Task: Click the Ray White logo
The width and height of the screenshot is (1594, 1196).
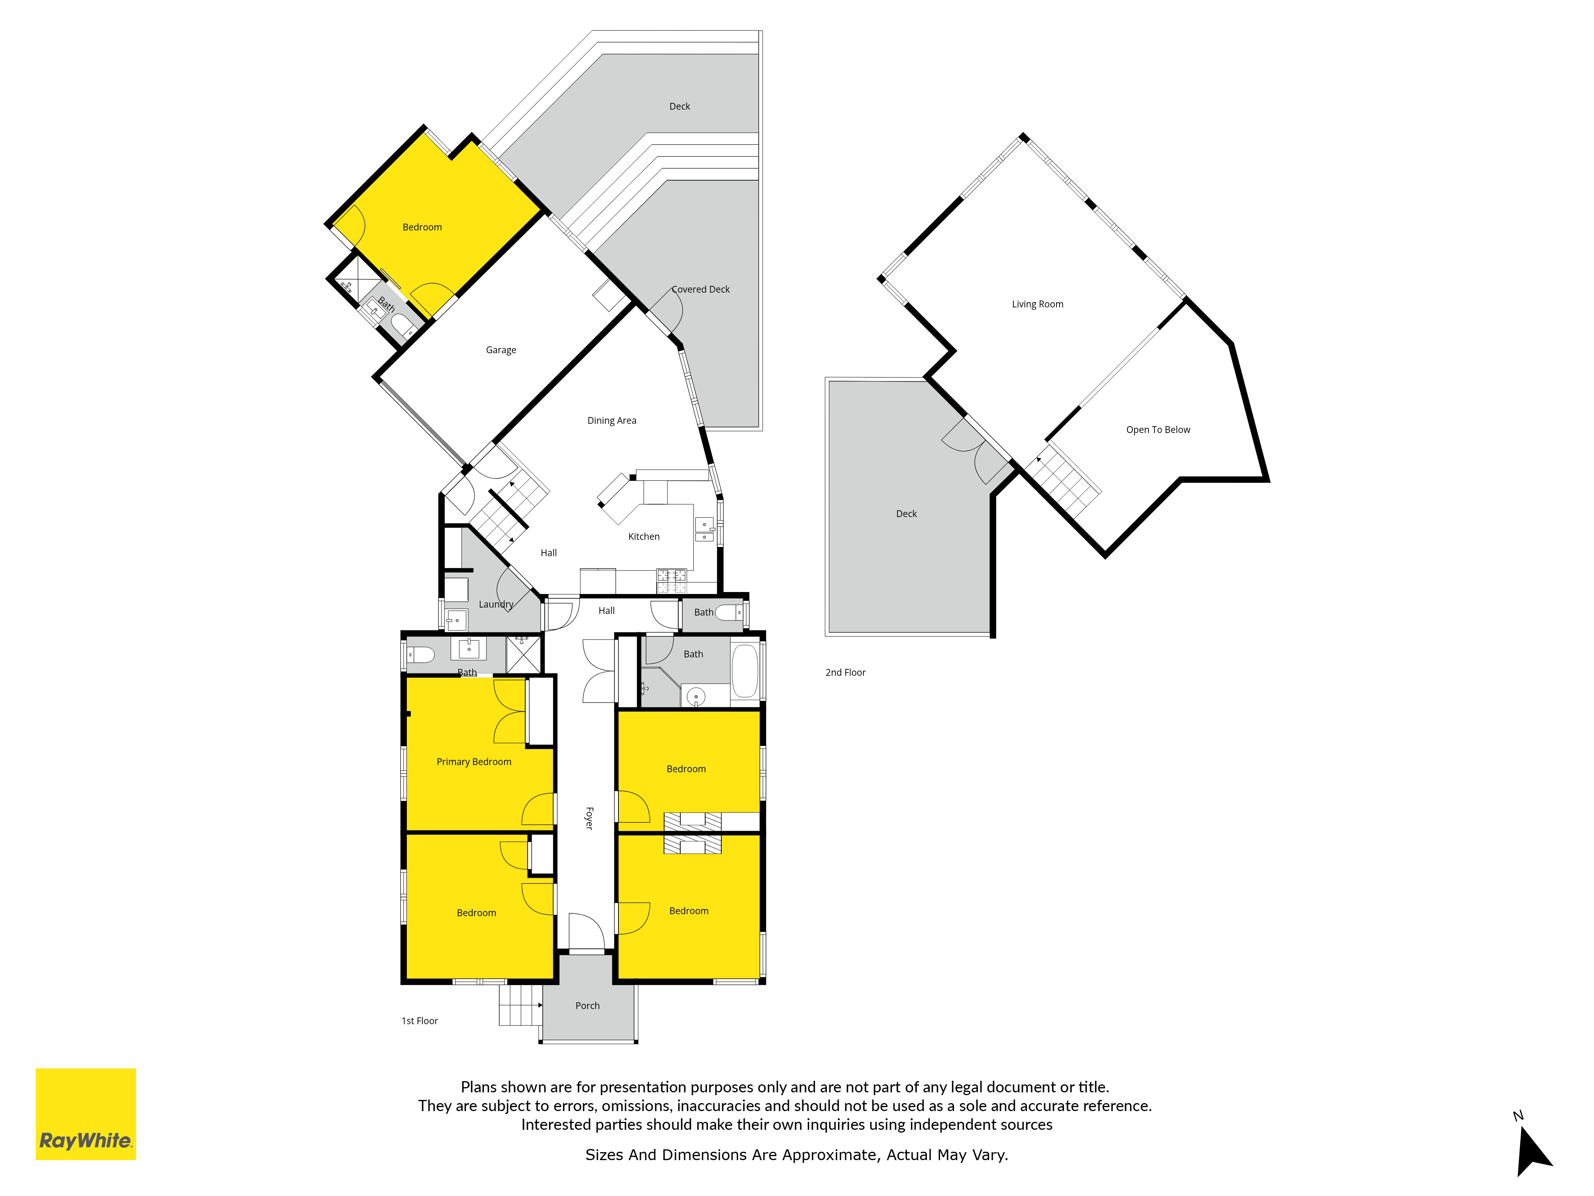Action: point(86,1114)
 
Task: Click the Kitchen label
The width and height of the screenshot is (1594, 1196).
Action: point(644,536)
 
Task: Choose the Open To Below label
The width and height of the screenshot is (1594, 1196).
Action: point(1158,430)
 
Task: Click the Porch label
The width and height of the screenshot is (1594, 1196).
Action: point(587,1006)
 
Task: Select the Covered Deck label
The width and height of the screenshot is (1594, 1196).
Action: point(701,289)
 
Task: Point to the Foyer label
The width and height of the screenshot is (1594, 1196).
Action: point(589,818)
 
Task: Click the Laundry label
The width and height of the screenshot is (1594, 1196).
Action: point(496,604)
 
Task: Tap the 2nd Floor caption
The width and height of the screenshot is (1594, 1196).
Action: point(845,673)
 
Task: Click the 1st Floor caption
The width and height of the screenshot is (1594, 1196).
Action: point(419,1021)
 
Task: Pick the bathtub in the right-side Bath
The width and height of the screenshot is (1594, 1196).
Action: point(745,671)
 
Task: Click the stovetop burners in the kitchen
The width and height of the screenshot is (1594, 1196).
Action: point(671,581)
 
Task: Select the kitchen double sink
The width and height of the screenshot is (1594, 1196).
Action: point(704,529)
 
